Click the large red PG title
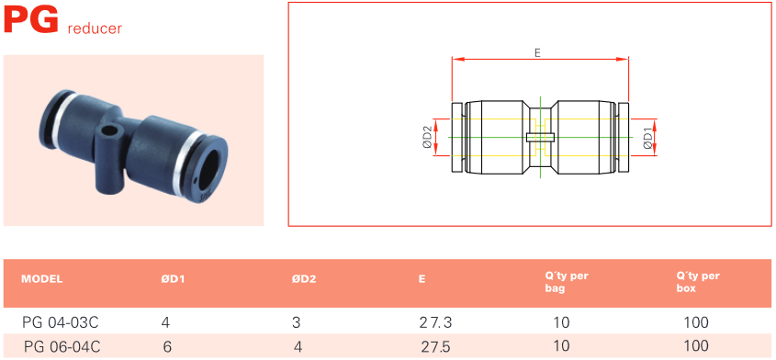[x=31, y=20]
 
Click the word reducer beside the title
[x=95, y=28]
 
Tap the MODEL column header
[x=42, y=279]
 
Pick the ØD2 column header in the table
[x=304, y=279]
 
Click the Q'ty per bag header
[x=563, y=282]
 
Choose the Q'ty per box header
[x=698, y=282]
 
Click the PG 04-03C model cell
[x=61, y=323]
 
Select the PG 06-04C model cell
[x=62, y=346]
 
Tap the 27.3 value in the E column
[x=435, y=323]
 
